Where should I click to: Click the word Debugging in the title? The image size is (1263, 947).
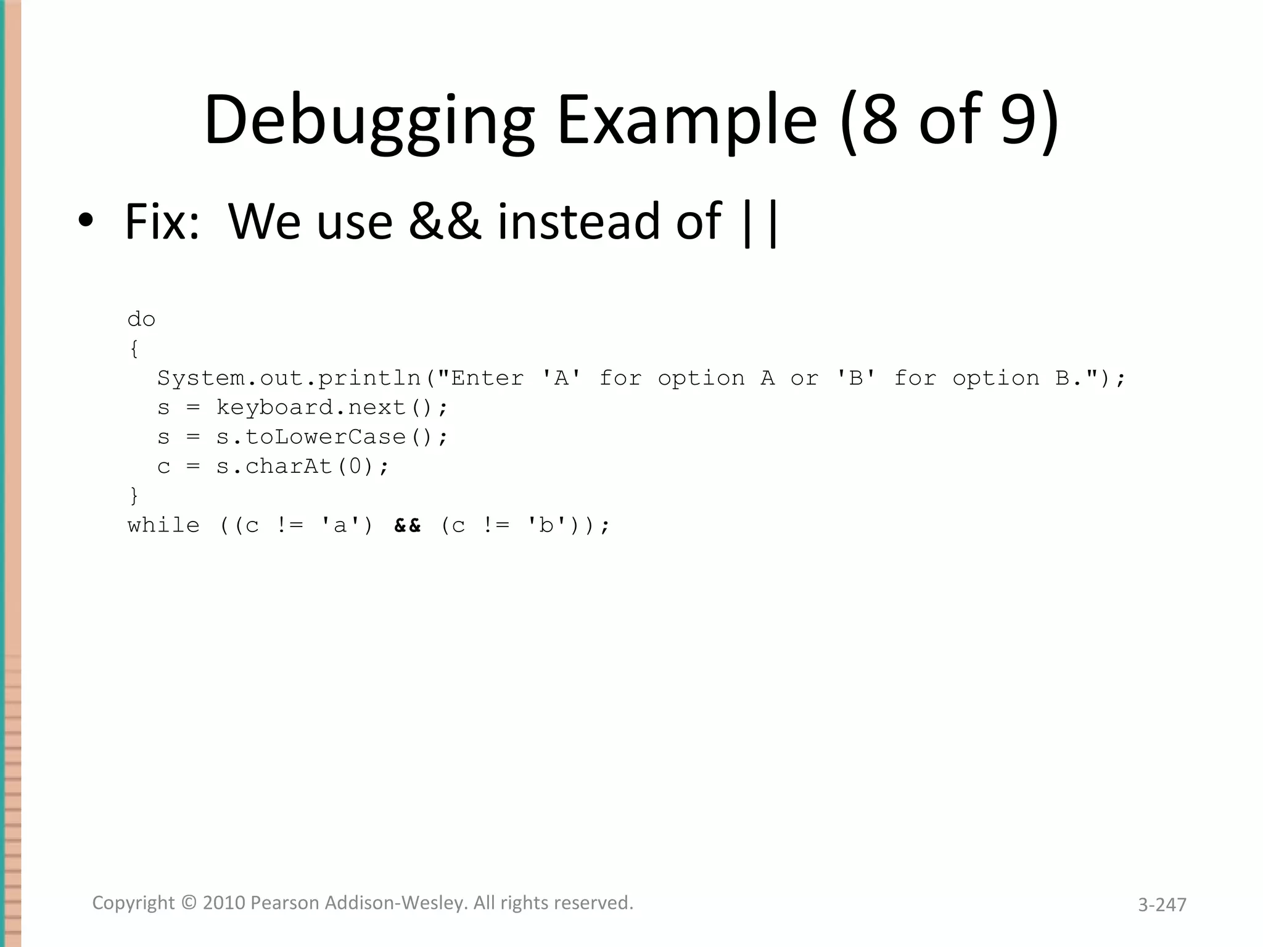(369, 120)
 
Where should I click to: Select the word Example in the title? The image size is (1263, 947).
(687, 120)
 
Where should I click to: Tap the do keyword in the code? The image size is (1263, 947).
(141, 319)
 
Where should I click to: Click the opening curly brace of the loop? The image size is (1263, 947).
(134, 349)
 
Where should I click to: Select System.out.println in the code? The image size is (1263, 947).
(289, 378)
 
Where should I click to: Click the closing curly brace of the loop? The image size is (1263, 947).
(134, 496)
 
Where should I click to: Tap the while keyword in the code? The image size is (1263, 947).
(163, 525)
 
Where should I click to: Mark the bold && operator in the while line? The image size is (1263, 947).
(408, 525)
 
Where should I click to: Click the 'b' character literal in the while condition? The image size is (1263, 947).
(546, 525)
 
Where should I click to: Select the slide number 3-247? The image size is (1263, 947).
(1162, 904)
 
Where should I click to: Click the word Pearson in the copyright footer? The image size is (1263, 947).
(285, 903)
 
